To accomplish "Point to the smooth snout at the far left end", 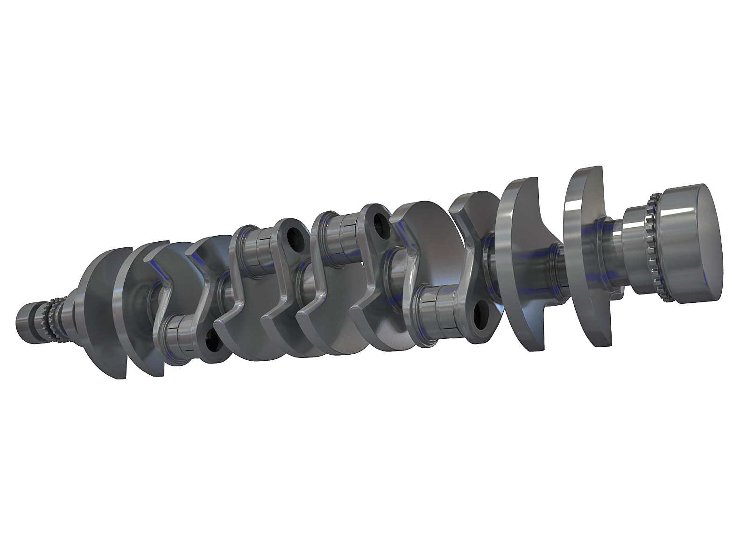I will tap(26, 322).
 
